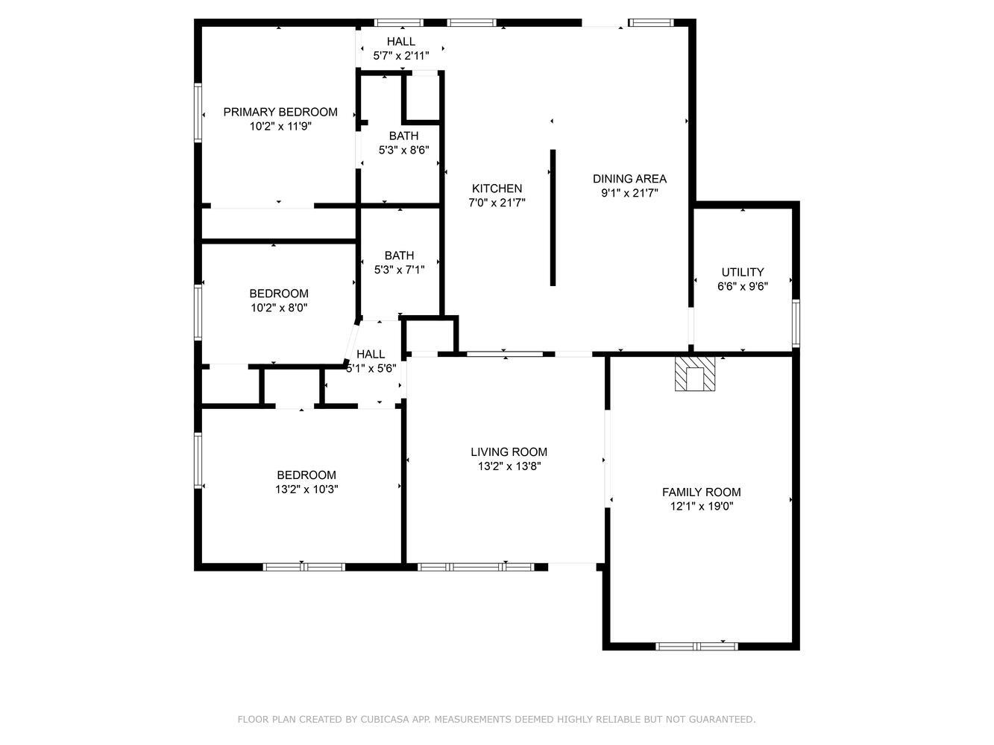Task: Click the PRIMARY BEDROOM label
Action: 280,112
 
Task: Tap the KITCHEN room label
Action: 497,188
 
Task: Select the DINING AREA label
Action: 629,179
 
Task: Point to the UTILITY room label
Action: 743,273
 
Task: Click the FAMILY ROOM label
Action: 702,492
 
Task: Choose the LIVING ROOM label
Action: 509,452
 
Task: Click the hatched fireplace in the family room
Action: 695,374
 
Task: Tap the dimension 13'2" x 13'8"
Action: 509,466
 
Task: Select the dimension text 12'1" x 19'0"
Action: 702,506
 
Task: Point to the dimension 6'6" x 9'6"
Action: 743,286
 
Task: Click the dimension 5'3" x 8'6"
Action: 404,150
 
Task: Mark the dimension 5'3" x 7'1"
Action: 400,270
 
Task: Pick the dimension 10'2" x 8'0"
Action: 279,308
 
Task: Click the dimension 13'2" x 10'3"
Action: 306,489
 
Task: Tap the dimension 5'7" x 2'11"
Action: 401,56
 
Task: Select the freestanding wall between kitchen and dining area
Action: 553,218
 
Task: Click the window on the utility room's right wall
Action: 796,323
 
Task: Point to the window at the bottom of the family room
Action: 697,647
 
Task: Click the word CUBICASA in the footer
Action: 385,719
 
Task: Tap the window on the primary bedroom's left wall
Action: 198,112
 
